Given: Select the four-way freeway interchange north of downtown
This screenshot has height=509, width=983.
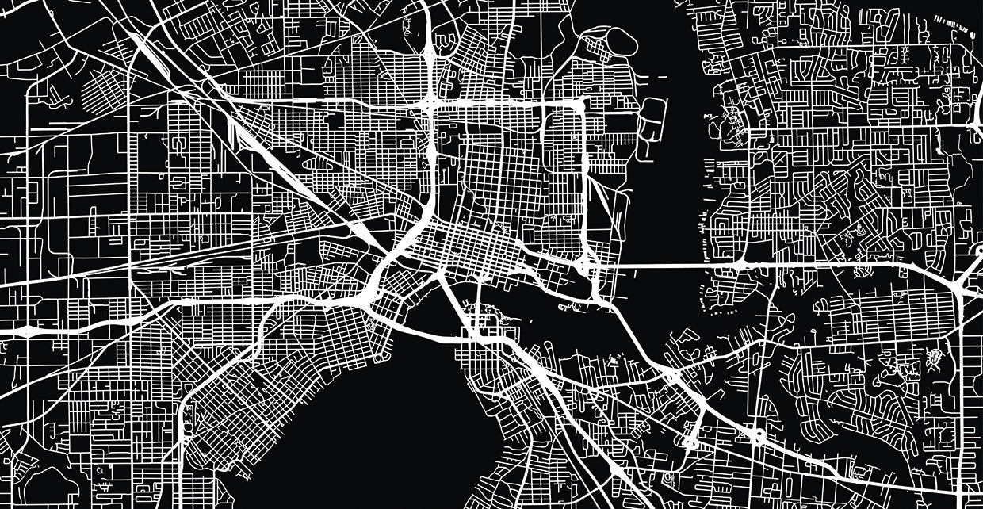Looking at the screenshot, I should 430,103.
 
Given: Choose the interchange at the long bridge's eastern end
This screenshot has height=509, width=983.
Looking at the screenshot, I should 741,264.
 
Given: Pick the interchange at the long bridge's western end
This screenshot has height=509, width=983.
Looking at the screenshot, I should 587,266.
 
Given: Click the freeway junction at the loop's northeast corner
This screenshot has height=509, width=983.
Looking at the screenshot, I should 581,104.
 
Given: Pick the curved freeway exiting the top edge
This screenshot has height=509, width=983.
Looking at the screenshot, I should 428,40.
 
